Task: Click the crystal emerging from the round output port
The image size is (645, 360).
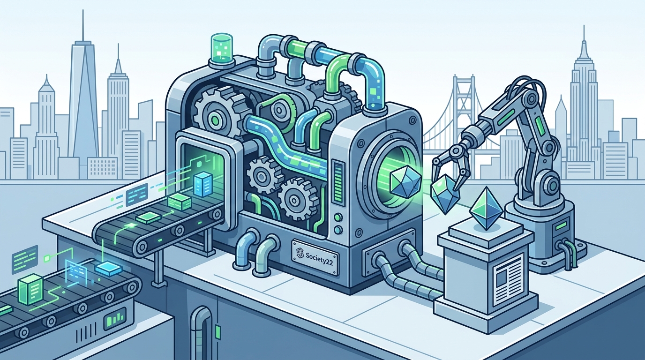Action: pos(405,181)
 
